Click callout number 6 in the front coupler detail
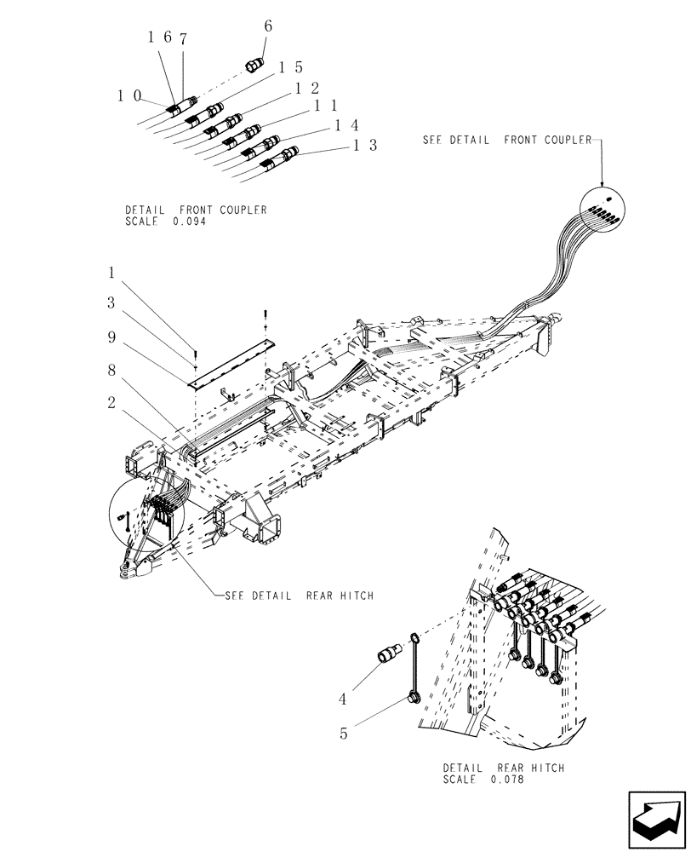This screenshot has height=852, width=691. pos(268,26)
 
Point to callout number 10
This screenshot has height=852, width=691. pos(128,96)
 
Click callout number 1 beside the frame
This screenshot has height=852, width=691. pos(111,273)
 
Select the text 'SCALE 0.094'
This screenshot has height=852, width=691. pos(165,221)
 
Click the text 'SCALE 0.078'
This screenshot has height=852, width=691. pos(483,779)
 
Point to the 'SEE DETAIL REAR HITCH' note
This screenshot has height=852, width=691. pos(299,596)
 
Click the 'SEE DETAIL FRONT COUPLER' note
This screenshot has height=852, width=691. pos(507,140)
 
